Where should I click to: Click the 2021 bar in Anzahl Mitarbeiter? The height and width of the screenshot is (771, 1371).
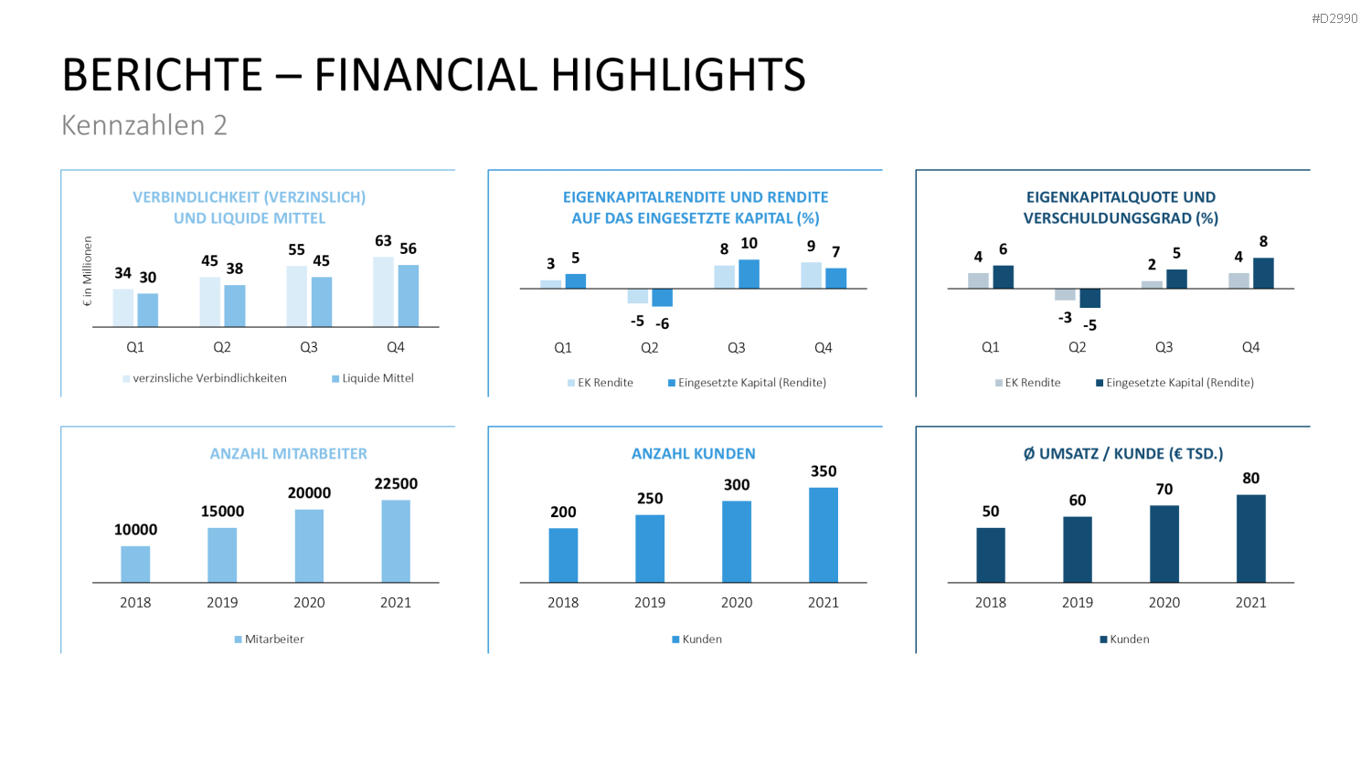[396, 541]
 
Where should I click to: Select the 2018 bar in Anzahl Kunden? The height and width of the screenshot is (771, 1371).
[563, 555]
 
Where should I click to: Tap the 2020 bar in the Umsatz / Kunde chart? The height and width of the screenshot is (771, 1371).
[1164, 544]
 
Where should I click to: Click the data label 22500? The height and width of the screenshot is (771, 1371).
[396, 483]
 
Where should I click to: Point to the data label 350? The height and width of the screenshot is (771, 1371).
[824, 471]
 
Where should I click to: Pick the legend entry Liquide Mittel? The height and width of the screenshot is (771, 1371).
[373, 378]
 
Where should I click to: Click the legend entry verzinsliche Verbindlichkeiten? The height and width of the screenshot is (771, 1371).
[205, 378]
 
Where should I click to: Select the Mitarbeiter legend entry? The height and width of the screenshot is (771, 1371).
[270, 639]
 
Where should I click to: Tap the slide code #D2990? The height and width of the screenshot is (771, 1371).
[1334, 18]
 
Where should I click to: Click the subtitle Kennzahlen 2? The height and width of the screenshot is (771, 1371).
[144, 125]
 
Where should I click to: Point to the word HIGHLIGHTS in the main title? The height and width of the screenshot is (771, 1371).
[678, 75]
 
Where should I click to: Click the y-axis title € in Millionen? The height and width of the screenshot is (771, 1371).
[88, 271]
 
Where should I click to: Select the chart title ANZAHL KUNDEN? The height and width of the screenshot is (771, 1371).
[694, 453]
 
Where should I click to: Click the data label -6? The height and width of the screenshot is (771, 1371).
[663, 323]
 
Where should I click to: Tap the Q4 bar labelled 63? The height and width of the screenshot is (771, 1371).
[384, 292]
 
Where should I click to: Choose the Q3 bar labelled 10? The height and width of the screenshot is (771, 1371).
[749, 273]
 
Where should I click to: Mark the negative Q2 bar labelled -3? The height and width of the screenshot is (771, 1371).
[1065, 294]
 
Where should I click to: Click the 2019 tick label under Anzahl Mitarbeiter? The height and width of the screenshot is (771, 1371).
[222, 603]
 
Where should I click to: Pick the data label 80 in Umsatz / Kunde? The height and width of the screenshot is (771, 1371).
[1251, 478]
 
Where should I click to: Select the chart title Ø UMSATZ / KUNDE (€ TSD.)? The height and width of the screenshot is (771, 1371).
[1123, 453]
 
